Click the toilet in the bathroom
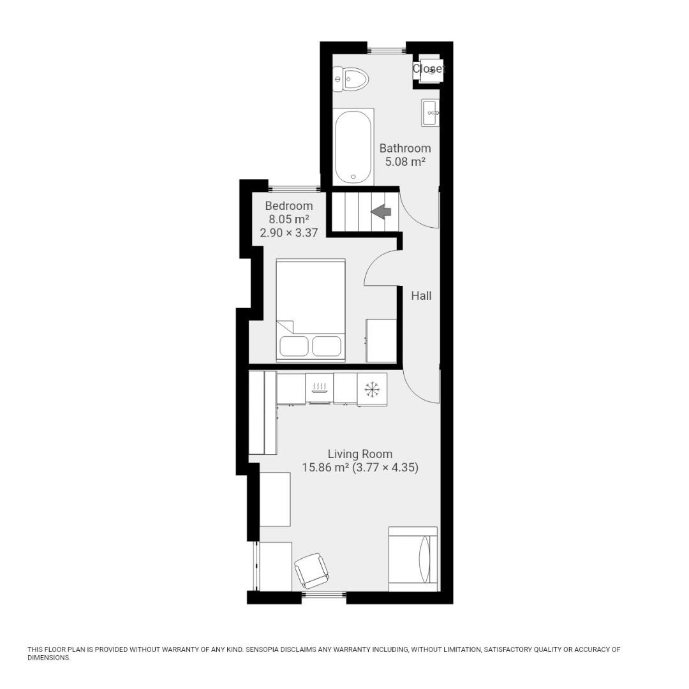tap(351, 80)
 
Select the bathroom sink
tap(430, 113)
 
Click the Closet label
tap(427, 68)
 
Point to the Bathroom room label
tap(405, 148)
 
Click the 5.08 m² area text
tap(405, 162)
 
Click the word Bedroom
tap(289, 206)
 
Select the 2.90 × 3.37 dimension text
tap(289, 233)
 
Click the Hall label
tap(421, 295)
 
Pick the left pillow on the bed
tap(294, 346)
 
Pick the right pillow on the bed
tap(327, 346)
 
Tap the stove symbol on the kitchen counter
tap(320, 387)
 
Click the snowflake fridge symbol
tap(372, 389)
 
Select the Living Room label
tap(360, 454)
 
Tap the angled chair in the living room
tap(312, 570)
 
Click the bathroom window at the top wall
tap(387, 48)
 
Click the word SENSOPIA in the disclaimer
tap(268, 649)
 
